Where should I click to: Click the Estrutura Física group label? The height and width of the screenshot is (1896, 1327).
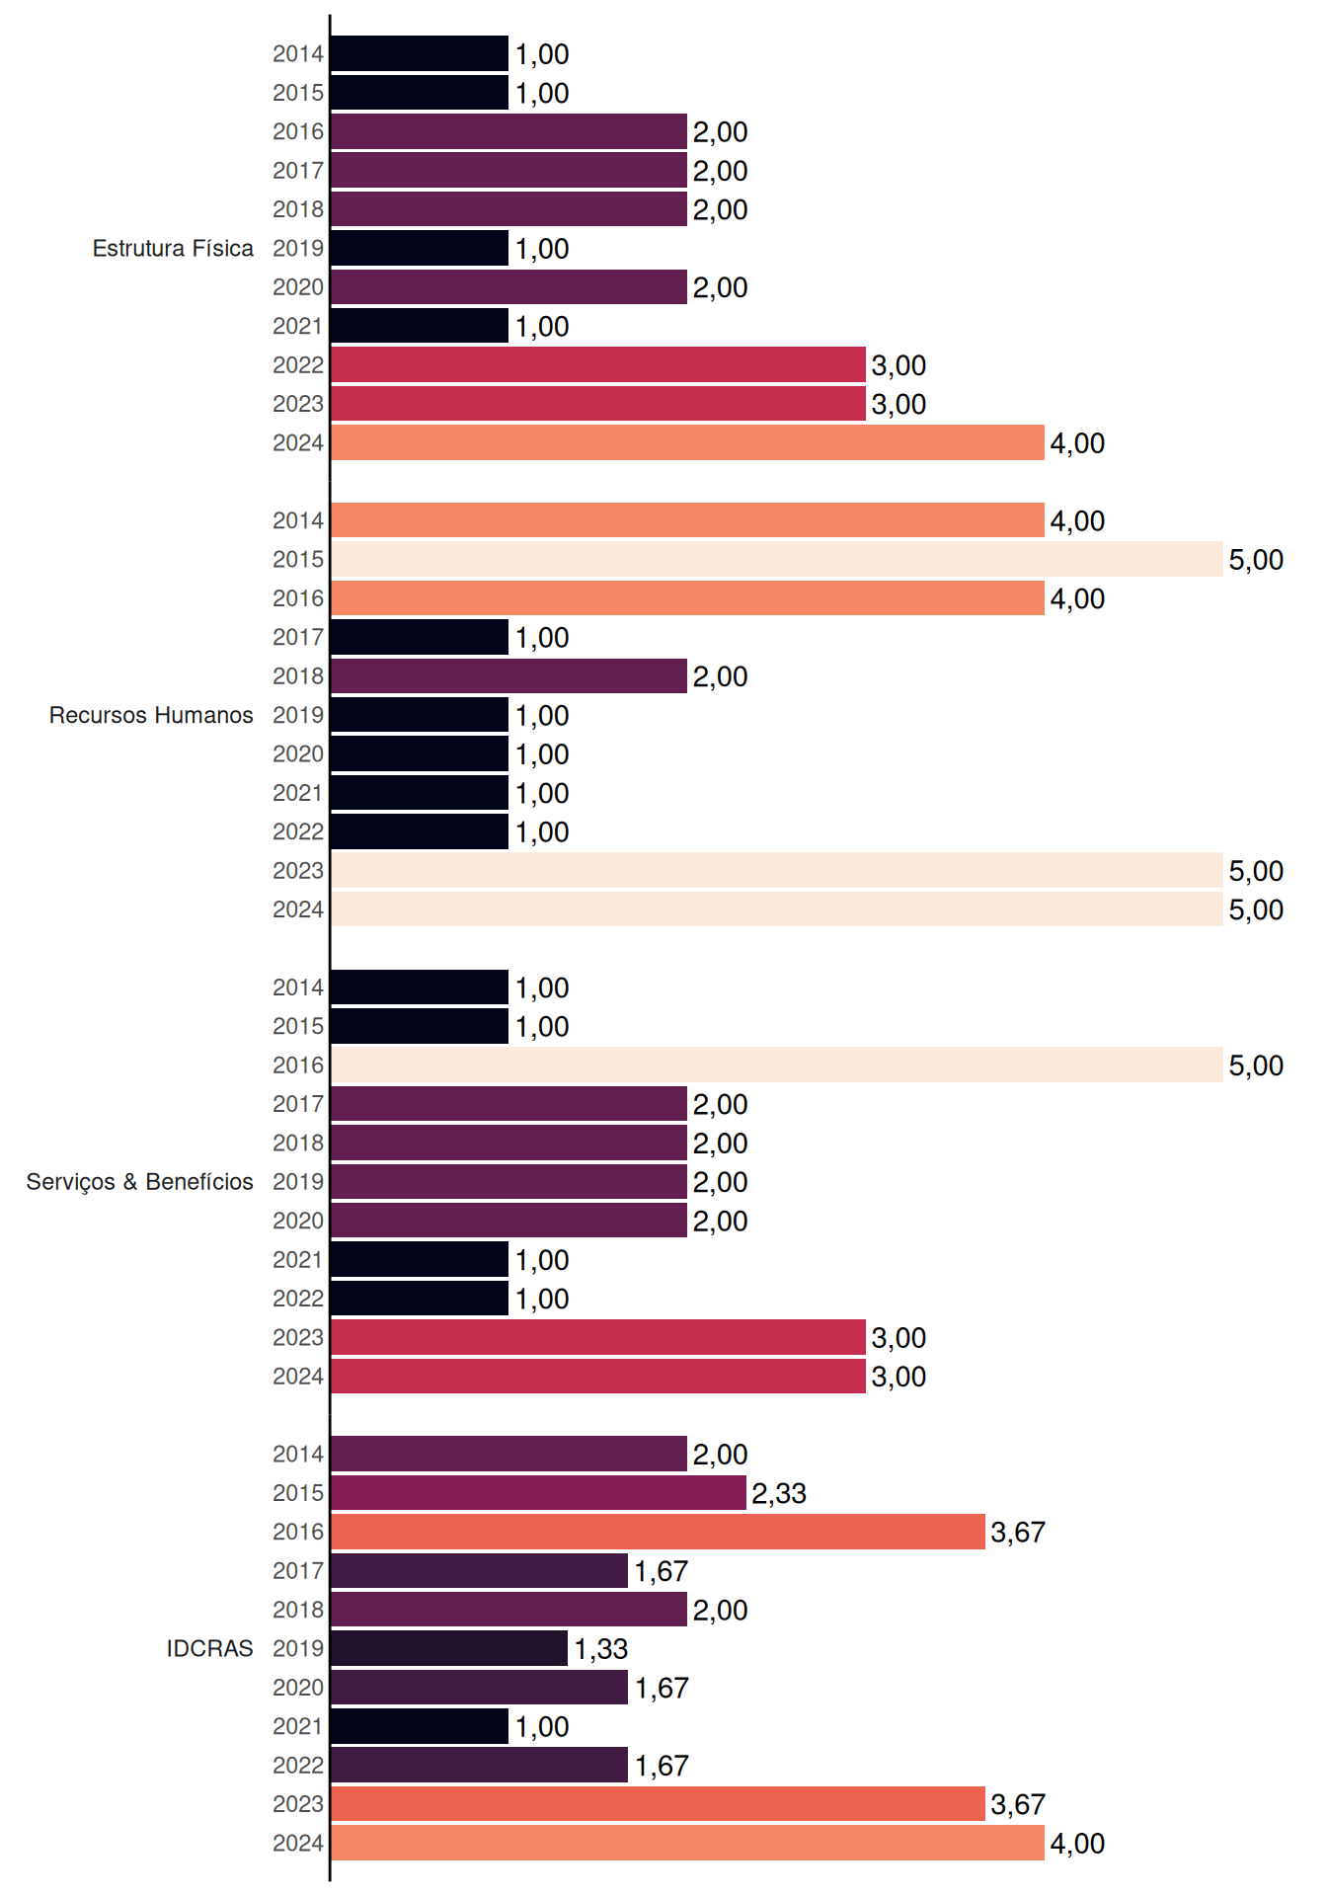tap(173, 248)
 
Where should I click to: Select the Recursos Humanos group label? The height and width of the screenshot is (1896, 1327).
tap(151, 715)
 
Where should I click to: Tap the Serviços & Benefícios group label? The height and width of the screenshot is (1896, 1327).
tap(139, 1182)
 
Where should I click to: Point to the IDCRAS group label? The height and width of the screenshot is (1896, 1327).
tap(209, 1648)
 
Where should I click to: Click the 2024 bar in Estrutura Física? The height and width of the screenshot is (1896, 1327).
tap(687, 442)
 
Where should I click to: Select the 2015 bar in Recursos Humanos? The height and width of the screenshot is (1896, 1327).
tap(777, 559)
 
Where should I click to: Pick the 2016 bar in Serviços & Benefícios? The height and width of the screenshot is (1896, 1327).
tap(777, 1065)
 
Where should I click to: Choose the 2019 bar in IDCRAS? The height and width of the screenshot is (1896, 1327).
tap(449, 1648)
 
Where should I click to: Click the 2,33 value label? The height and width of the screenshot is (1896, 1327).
tap(779, 1493)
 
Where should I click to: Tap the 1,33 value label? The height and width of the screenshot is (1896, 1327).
tap(601, 1649)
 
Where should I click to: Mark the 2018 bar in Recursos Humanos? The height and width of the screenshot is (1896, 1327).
tap(508, 676)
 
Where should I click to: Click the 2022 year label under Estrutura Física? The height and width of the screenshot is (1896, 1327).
tap(298, 365)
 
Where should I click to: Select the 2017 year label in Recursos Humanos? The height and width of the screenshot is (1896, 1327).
tap(298, 637)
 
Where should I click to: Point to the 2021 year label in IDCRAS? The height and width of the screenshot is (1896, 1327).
tap(298, 1726)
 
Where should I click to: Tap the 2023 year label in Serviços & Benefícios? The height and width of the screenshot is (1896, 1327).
tap(298, 1337)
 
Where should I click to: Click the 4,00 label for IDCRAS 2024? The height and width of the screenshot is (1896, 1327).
tap(1077, 1844)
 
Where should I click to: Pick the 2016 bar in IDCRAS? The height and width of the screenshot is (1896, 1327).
tap(658, 1532)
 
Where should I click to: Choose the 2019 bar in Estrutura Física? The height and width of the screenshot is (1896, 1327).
tap(420, 248)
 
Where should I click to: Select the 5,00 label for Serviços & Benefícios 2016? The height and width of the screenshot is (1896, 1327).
tap(1256, 1066)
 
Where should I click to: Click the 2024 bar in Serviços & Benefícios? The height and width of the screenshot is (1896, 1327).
tap(598, 1377)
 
